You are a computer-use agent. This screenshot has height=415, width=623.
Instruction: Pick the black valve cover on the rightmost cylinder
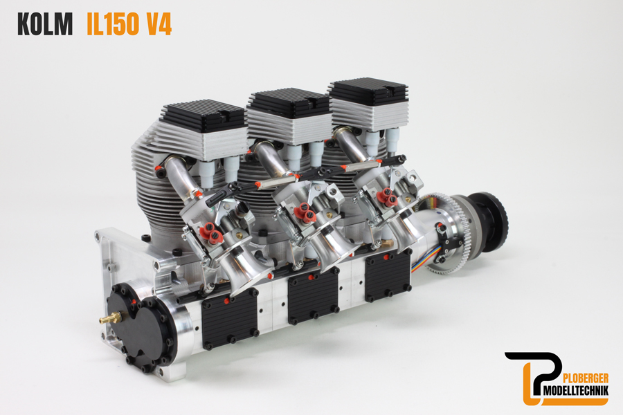[x=367, y=91]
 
